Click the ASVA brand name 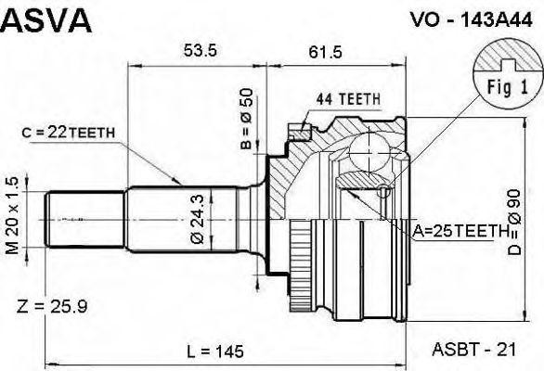[x=46, y=20]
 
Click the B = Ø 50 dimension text [x=247, y=120]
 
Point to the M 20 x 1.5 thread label [x=13, y=217]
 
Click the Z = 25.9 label [x=52, y=305]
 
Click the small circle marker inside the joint [x=384, y=191]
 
